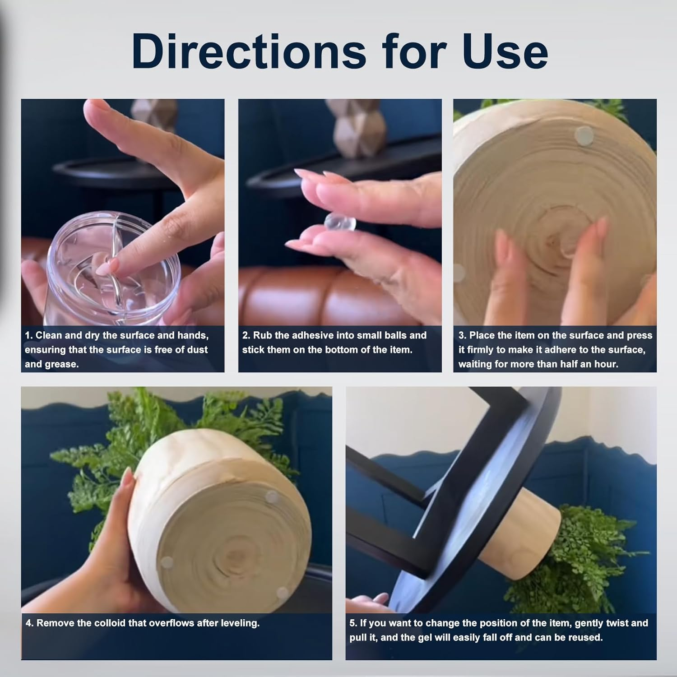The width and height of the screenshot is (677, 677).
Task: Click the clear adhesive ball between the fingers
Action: (x=334, y=223)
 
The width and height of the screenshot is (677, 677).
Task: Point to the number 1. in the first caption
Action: (x=29, y=335)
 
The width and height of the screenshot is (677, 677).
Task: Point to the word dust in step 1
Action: (x=198, y=350)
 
